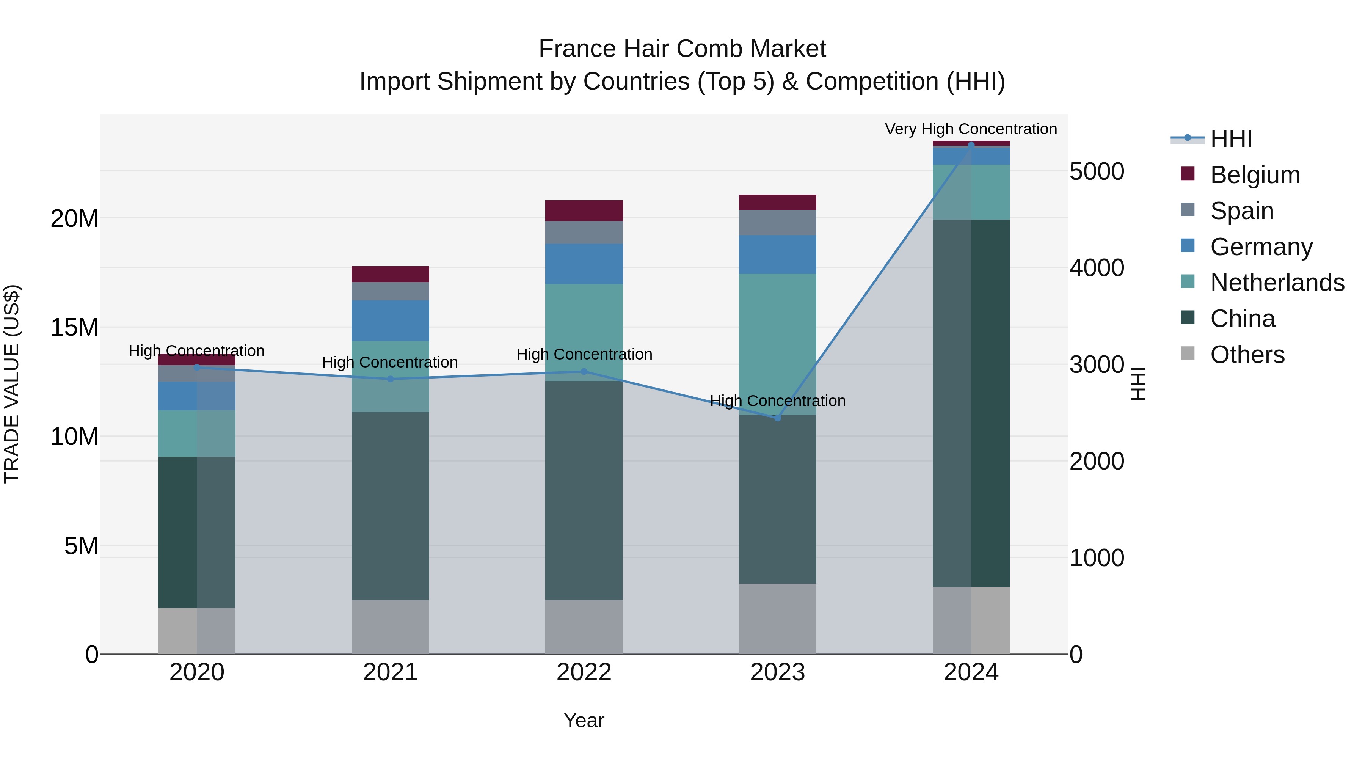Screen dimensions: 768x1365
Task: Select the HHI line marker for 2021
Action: [391, 379]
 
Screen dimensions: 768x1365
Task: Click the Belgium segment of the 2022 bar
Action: [584, 211]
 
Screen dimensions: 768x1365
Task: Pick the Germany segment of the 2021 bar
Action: [391, 320]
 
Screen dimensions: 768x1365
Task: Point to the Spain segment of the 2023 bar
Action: [777, 223]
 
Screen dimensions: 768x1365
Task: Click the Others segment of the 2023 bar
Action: [777, 619]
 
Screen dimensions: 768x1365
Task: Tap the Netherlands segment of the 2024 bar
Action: [971, 192]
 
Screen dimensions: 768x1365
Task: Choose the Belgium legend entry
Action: [1255, 175]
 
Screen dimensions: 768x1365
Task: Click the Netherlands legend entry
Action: [1277, 283]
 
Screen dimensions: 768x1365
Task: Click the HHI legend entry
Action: [1231, 139]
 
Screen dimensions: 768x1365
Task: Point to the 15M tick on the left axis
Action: [74, 328]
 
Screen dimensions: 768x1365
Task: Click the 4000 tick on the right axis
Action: [1096, 268]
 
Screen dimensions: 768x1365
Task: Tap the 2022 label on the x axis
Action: [584, 672]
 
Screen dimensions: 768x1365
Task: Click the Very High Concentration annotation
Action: [971, 129]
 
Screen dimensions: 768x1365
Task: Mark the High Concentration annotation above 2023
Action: [777, 401]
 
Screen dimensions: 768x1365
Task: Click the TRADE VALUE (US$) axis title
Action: [12, 384]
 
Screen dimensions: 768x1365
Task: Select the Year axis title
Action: [584, 720]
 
